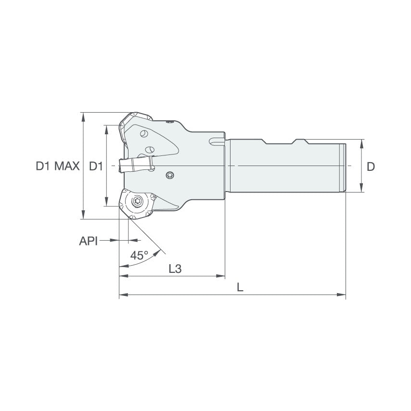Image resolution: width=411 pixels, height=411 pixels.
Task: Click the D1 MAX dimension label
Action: [57, 167]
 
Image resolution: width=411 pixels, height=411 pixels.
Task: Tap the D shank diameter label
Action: [371, 167]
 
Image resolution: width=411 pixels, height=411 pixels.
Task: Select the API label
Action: [88, 241]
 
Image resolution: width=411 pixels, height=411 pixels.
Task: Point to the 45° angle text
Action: [139, 256]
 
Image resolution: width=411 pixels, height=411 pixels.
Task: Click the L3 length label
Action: [175, 269]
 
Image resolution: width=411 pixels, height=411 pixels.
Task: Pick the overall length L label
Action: [240, 288]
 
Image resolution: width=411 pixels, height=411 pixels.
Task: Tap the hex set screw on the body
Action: [169, 175]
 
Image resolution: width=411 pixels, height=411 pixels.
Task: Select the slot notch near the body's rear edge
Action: [216, 142]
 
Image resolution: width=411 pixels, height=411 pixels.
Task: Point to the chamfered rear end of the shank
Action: [344, 166]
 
